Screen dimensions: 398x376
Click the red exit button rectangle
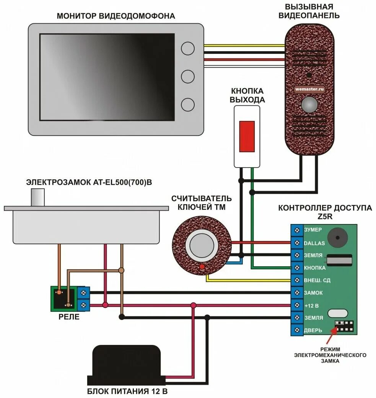(247, 136)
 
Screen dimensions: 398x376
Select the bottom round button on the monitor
(188, 104)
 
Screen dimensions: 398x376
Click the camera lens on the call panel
(309, 105)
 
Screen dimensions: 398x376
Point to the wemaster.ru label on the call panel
(309, 89)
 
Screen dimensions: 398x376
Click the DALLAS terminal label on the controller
(314, 243)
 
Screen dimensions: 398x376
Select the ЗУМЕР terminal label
(313, 230)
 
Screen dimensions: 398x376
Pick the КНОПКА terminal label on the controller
(315, 268)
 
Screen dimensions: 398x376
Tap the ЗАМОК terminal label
(313, 293)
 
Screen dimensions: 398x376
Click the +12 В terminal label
(311, 305)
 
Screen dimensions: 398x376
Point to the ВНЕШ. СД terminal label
(317, 280)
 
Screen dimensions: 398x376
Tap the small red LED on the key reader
(201, 266)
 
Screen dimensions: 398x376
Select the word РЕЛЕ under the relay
(69, 317)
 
